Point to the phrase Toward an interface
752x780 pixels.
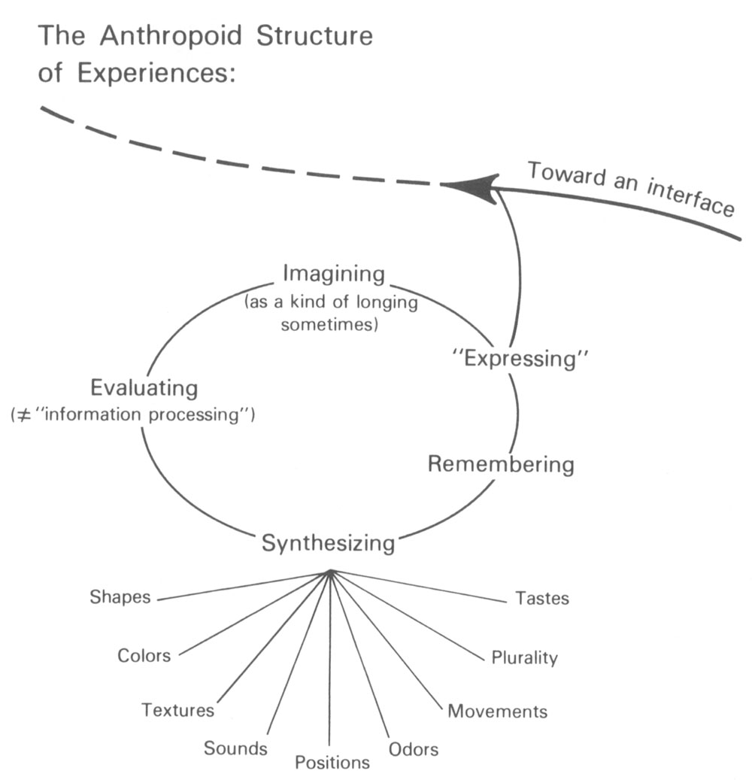(630, 189)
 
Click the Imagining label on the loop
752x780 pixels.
(333, 273)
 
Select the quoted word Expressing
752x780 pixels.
(520, 358)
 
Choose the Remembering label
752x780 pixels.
(501, 463)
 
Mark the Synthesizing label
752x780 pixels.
(328, 542)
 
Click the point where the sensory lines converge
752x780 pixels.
(329, 573)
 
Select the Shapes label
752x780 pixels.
(120, 598)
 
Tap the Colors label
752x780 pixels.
(144, 655)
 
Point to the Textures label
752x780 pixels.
(178, 709)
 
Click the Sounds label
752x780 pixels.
(235, 748)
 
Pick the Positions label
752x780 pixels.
(332, 763)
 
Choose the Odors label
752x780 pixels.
(414, 749)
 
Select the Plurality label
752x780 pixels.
(525, 658)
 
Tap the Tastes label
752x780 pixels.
(542, 599)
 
